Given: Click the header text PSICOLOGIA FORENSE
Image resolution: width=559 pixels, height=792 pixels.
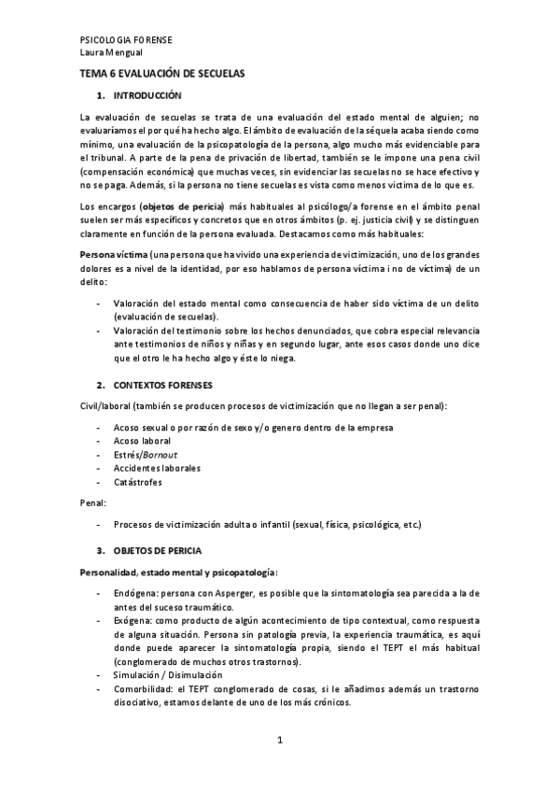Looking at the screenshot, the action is pos(126,41).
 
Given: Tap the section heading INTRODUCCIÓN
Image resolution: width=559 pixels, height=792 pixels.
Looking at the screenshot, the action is pos(148,97).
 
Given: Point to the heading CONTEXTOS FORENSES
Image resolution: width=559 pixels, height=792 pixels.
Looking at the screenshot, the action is pos(162,385).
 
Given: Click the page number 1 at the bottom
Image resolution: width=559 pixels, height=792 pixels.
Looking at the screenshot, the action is pos(279,741).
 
